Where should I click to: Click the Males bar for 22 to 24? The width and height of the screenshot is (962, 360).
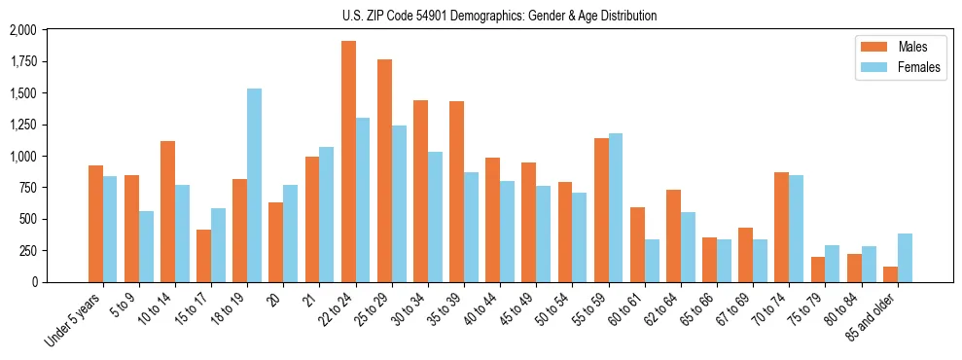click(348, 162)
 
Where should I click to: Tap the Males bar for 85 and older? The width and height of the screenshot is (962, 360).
click(890, 274)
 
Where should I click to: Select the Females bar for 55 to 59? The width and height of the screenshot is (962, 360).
click(616, 207)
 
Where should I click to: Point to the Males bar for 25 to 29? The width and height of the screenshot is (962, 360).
click(384, 170)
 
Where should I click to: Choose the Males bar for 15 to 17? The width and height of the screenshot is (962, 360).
click(203, 256)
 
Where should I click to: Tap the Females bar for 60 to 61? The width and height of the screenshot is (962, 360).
click(652, 261)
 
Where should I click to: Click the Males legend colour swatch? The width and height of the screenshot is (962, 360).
click(869, 47)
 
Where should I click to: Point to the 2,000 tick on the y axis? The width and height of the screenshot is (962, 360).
click(21, 31)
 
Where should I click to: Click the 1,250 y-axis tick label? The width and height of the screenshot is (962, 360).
click(21, 126)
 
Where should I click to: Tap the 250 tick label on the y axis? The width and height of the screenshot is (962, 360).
click(26, 251)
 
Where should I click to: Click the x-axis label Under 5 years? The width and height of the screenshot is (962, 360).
click(72, 320)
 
